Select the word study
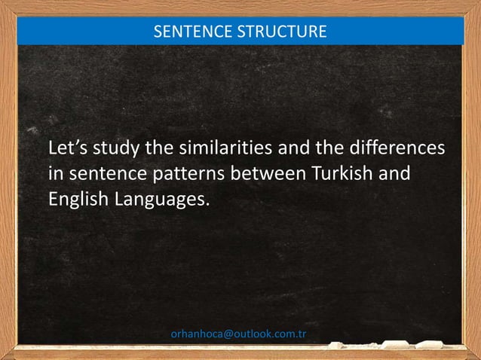coord(117,148)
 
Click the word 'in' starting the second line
coord(54,174)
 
